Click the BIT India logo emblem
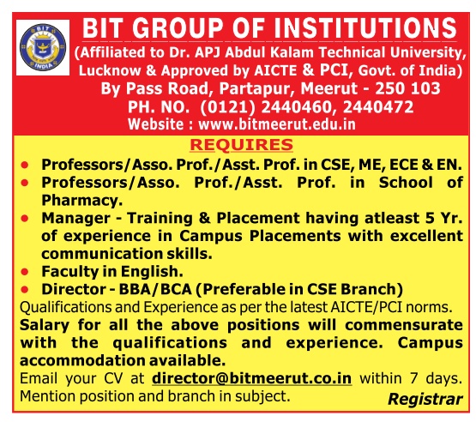pyautogui.click(x=43, y=47)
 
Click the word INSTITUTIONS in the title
pyautogui.click(x=365, y=28)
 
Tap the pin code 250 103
pyautogui.click(x=407, y=88)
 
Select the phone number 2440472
pyautogui.click(x=378, y=107)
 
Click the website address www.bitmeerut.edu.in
pyautogui.click(x=276, y=124)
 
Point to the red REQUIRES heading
pyautogui.click(x=241, y=144)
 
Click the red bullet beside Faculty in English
pyautogui.click(x=25, y=271)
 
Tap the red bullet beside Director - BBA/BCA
pyautogui.click(x=25, y=289)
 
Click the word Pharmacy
pyautogui.click(x=82, y=201)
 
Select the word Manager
pyautogui.click(x=75, y=218)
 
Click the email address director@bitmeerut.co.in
pyautogui.click(x=251, y=378)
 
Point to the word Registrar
pyautogui.click(x=425, y=399)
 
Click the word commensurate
pyautogui.click(x=404, y=325)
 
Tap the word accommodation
pyautogui.click(x=81, y=361)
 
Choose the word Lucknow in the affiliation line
pyautogui.click(x=110, y=70)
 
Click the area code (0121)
pyautogui.click(x=227, y=107)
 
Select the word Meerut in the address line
pyautogui.click(x=328, y=88)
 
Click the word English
pyautogui.click(x=152, y=272)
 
